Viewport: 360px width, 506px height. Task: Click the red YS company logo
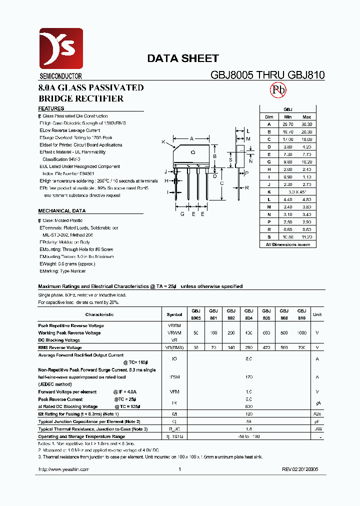[61, 48]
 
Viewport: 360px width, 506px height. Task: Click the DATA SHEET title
[182, 58]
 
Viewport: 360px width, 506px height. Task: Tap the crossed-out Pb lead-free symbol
[278, 90]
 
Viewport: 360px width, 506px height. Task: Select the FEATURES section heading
[51, 108]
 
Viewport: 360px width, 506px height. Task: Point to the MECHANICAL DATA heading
[61, 211]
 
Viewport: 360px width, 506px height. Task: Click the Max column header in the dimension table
[306, 116]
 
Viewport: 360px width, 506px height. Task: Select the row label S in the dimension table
[269, 237]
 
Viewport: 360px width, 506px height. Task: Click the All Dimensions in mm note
[288, 244]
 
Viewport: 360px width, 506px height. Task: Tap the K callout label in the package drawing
[163, 142]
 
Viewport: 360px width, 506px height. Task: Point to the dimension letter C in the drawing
[221, 183]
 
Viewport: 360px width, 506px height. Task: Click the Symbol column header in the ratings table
[174, 314]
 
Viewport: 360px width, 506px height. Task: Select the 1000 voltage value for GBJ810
[301, 332]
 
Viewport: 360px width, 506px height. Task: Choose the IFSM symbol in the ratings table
[174, 377]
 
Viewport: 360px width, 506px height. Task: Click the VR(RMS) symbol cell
[174, 347]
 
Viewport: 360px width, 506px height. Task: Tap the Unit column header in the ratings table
[317, 314]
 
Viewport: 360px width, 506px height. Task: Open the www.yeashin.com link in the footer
[63, 469]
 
